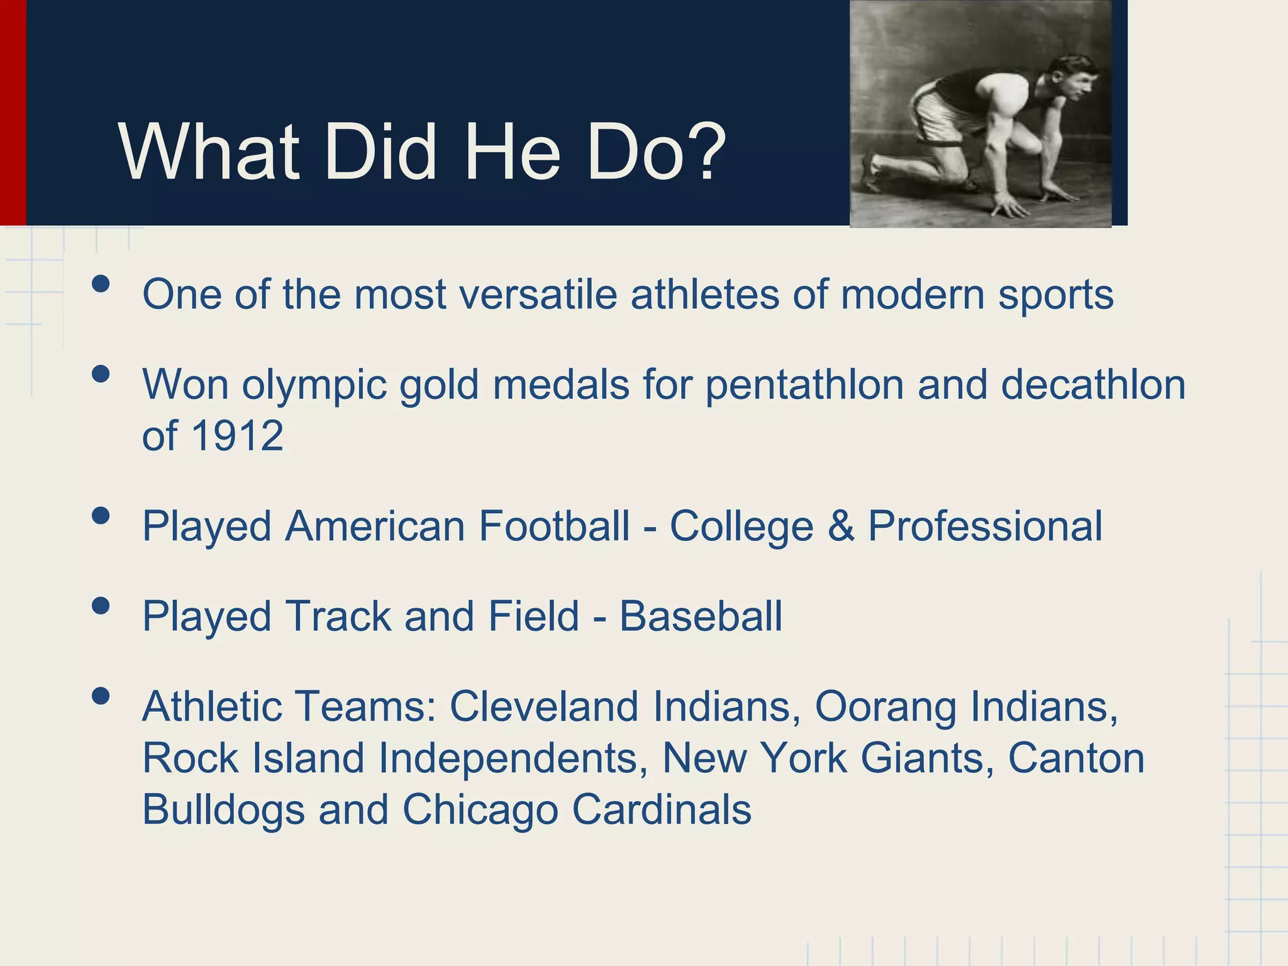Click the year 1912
click(237, 435)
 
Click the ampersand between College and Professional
click(841, 526)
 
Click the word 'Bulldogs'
click(223, 810)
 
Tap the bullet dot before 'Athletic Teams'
click(101, 696)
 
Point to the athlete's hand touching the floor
click(1010, 205)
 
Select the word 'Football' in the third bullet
click(554, 526)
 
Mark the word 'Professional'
click(985, 526)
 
